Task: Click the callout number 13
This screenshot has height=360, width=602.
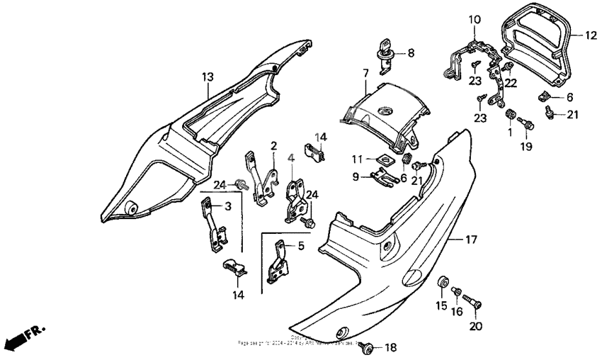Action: tap(207, 76)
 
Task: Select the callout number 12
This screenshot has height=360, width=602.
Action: tap(592, 33)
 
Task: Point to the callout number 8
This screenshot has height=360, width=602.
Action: tap(411, 52)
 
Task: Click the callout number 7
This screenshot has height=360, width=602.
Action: tap(366, 73)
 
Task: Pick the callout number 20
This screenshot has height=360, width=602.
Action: tap(474, 327)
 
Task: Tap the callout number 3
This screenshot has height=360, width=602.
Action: tap(228, 206)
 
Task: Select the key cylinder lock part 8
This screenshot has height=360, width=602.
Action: tap(385, 55)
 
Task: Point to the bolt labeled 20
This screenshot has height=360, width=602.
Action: tap(474, 305)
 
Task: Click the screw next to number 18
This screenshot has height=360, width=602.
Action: tap(368, 347)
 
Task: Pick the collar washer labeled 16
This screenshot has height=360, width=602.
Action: tap(457, 292)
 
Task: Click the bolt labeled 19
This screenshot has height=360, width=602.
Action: tap(526, 125)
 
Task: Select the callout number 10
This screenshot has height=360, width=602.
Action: tap(474, 19)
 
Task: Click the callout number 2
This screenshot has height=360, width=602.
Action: tap(273, 145)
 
